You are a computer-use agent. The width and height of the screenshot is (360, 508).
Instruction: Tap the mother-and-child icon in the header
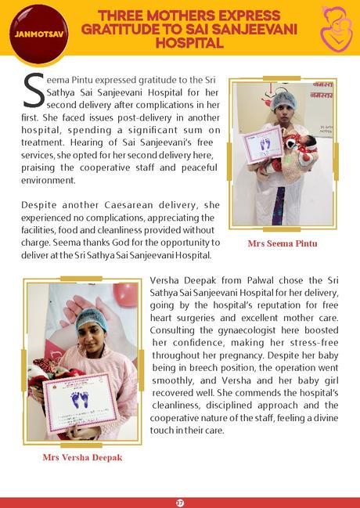[336, 27]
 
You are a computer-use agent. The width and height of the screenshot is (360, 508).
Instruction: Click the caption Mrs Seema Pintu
[283, 243]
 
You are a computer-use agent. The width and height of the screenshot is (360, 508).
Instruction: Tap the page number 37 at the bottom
[180, 501]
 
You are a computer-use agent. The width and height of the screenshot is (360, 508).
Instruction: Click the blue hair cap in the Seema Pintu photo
[283, 100]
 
